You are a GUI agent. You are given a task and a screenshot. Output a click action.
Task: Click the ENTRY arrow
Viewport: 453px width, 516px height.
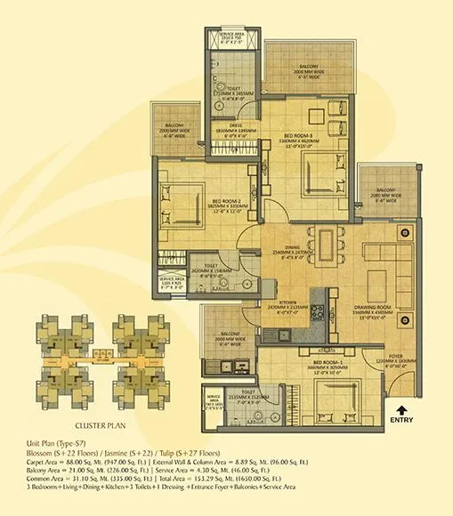(401, 409)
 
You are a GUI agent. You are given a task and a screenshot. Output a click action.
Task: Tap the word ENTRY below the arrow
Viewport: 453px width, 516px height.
(402, 421)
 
